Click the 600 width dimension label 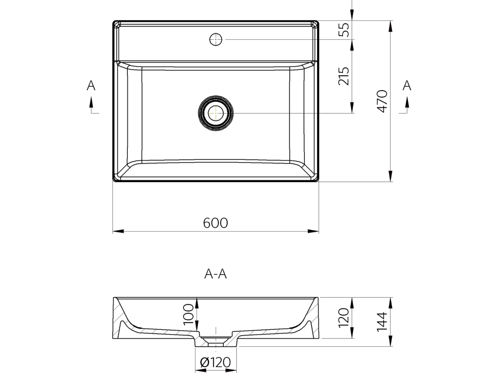[x=215, y=223]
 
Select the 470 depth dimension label [x=382, y=101]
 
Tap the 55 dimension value [x=344, y=30]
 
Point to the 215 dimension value [x=344, y=76]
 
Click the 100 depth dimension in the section [x=189, y=314]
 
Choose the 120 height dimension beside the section [x=344, y=318]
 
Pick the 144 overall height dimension [x=382, y=322]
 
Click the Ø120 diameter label [x=215, y=362]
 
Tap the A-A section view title [x=215, y=274]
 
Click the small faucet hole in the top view [x=215, y=40]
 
